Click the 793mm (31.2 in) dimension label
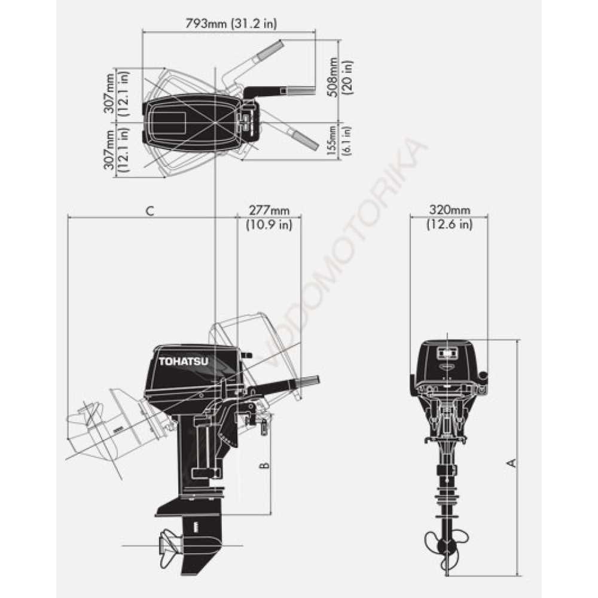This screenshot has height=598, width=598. tap(231, 23)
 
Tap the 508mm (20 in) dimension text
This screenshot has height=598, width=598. tap(340, 77)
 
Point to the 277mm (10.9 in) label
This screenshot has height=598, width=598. tap(269, 218)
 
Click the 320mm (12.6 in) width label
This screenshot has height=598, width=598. tap(450, 216)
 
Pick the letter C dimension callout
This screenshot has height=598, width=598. tap(150, 211)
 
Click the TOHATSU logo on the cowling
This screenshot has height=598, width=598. tap(184, 362)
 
